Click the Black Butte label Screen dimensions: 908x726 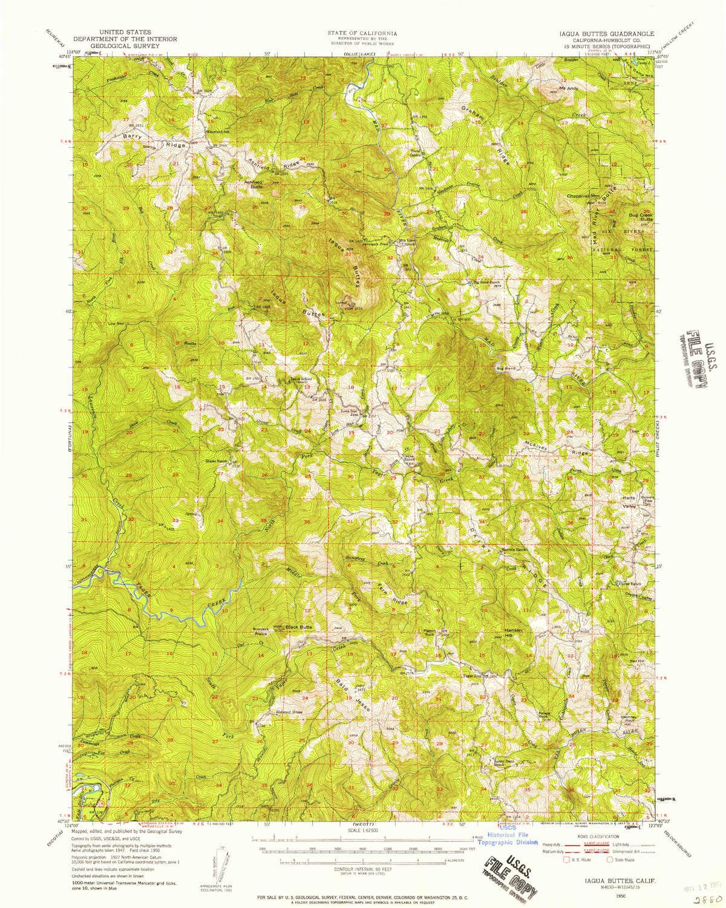click(299, 627)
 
